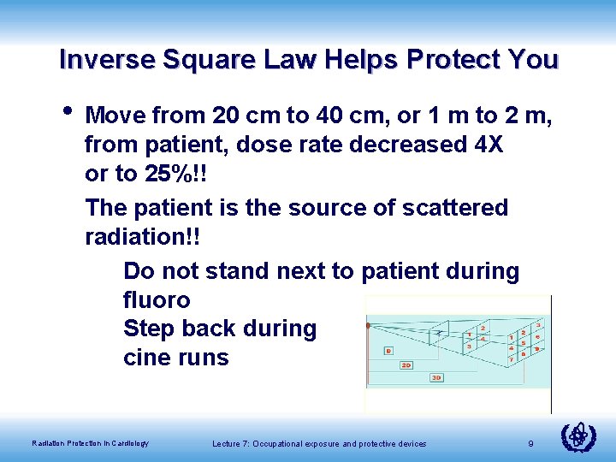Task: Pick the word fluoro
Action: [157, 300]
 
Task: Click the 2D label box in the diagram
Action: [406, 364]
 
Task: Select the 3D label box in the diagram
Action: [436, 377]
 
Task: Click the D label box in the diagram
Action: [388, 350]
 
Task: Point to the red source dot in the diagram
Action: [367, 326]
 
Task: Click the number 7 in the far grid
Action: [511, 358]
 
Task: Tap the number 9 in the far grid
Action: [536, 349]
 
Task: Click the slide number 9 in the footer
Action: [531, 443]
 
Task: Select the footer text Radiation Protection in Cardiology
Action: [90, 443]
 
